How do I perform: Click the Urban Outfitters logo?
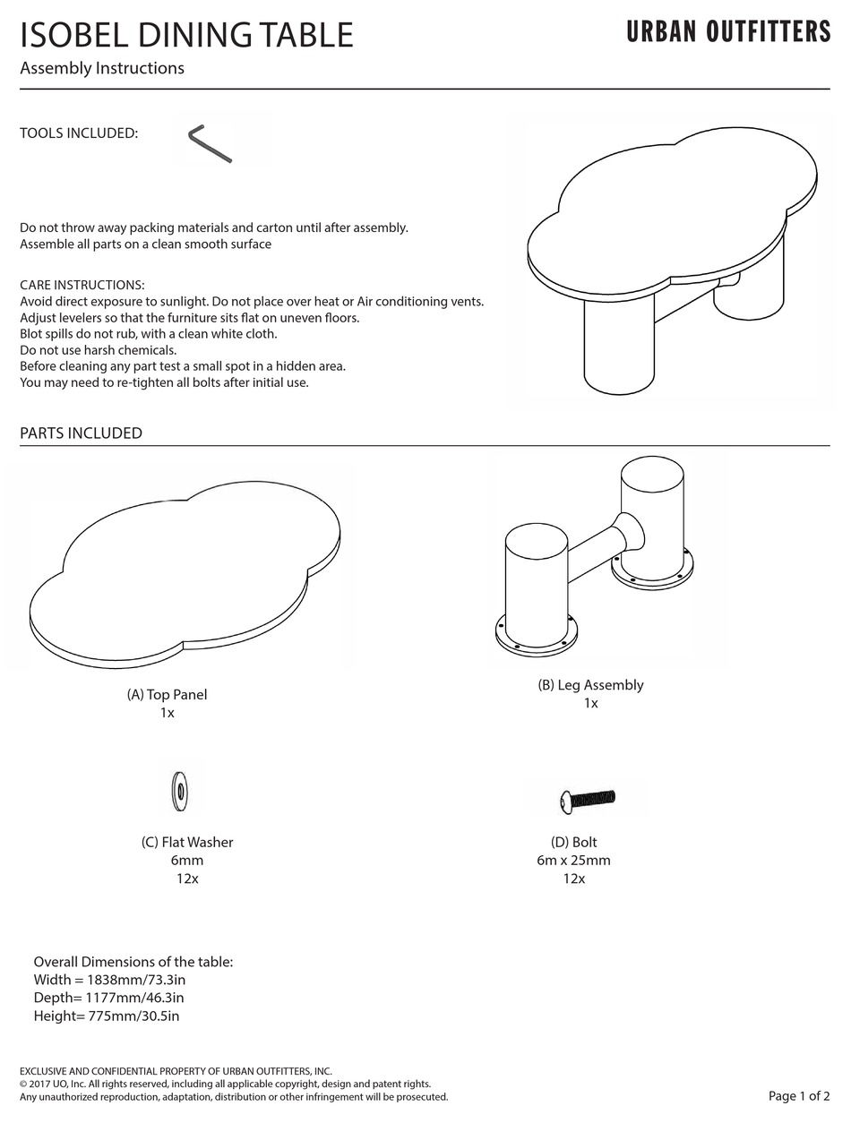[728, 32]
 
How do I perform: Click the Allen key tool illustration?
[211, 144]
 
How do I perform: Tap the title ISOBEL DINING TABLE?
[186, 35]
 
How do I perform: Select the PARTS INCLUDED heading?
[81, 433]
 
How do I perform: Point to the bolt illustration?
[588, 797]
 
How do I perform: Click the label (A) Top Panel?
[167, 694]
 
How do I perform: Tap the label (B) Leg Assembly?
[590, 684]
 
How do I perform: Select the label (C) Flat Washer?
[187, 842]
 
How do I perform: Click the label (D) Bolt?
[573, 842]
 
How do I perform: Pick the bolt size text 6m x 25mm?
[573, 860]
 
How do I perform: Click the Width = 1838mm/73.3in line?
[109, 979]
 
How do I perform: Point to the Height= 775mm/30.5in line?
[107, 1015]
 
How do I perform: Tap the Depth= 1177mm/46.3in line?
[108, 997]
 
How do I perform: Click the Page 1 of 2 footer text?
[799, 1095]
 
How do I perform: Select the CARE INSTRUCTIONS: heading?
[82, 285]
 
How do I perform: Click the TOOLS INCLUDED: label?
[79, 133]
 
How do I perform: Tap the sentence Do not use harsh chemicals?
[99, 349]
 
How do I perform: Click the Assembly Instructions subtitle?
[102, 68]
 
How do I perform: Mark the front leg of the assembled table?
[618, 349]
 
